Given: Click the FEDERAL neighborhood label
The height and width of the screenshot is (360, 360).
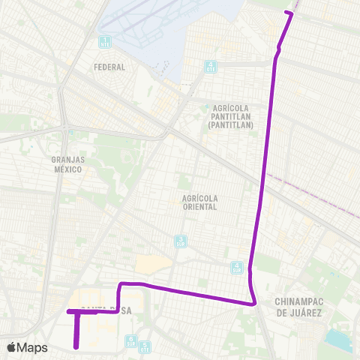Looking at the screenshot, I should pyautogui.click(x=109, y=67).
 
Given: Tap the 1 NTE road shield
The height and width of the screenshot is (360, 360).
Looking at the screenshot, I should pyautogui.click(x=105, y=42).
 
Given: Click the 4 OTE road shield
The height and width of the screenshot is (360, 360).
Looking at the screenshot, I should pyautogui.click(x=211, y=66).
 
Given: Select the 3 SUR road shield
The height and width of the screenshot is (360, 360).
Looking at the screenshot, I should pyautogui.click(x=181, y=241).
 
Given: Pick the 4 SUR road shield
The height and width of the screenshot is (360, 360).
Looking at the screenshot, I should pyautogui.click(x=237, y=267).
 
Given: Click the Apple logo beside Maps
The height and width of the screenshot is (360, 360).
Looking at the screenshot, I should pyautogui.click(x=13, y=347).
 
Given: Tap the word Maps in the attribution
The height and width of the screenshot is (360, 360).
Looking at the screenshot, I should pyautogui.click(x=34, y=347).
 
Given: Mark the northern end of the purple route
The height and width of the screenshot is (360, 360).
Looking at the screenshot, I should pyautogui.click(x=291, y=13).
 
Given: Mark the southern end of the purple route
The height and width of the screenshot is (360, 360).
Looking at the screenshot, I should pyautogui.click(x=77, y=347).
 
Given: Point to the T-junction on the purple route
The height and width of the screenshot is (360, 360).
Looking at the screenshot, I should pyautogui.click(x=77, y=311).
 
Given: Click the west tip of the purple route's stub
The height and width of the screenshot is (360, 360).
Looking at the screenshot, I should pyautogui.click(x=68, y=311).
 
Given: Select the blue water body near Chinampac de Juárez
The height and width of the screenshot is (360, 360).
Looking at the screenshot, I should pyautogui.click(x=339, y=340).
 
